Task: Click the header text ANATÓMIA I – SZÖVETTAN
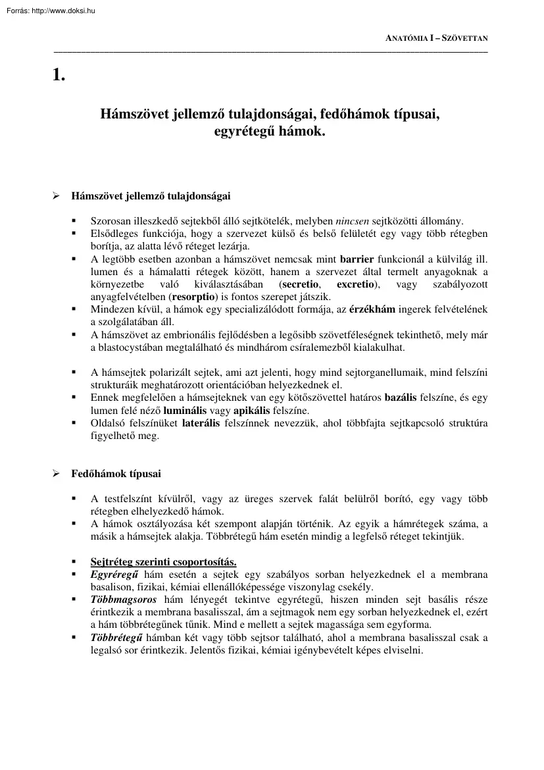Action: [436, 39]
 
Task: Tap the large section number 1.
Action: [59, 74]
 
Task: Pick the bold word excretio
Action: [357, 284]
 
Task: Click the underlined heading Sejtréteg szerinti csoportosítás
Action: [163, 561]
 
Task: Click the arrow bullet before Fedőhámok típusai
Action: [57, 474]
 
